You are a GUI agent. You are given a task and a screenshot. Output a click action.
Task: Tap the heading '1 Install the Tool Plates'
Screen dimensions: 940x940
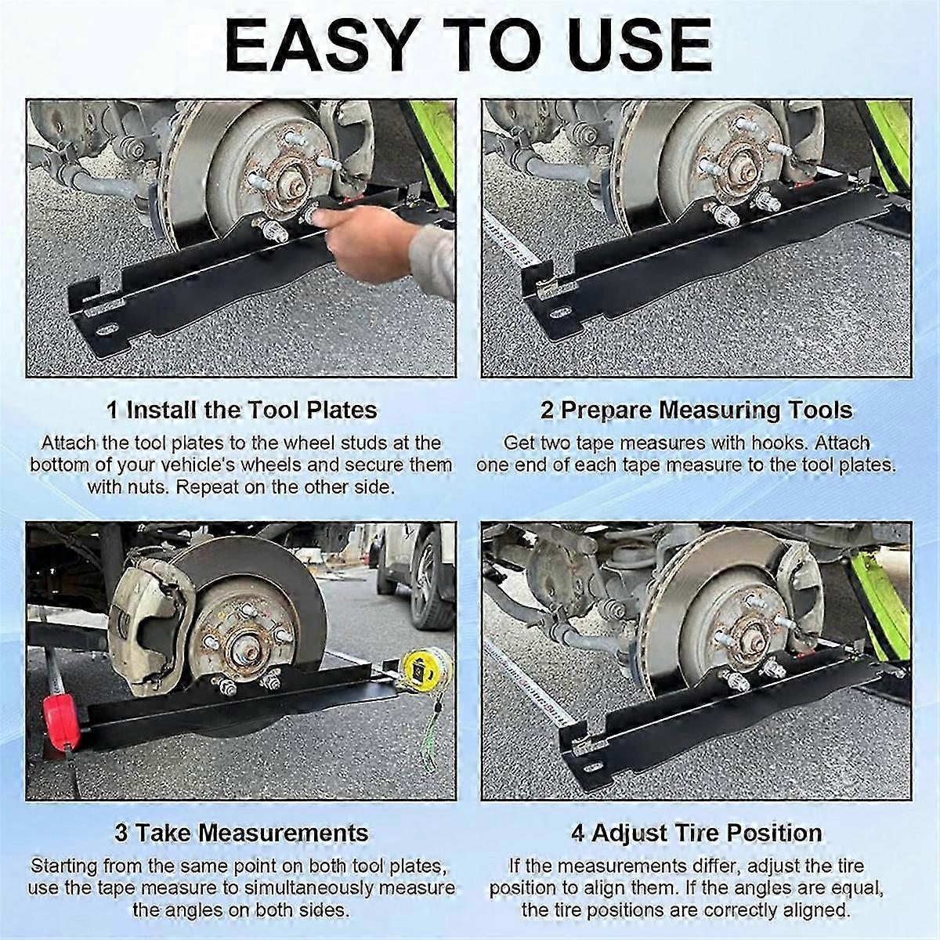(x=241, y=410)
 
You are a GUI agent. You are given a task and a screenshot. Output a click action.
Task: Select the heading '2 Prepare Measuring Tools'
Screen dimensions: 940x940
(x=696, y=410)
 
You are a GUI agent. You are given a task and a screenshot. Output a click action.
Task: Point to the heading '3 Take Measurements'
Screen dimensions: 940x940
(x=241, y=832)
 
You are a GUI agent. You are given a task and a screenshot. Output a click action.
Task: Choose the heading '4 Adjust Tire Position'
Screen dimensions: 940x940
(x=696, y=832)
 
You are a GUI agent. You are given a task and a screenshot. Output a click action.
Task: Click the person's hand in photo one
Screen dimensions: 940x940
(x=368, y=243)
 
